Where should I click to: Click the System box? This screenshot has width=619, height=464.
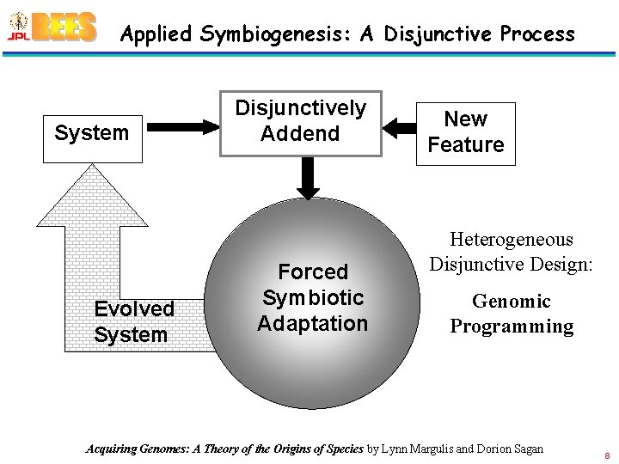pos(92,133)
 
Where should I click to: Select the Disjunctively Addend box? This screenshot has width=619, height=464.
pos(300,121)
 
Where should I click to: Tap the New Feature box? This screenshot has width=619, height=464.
pos(465,132)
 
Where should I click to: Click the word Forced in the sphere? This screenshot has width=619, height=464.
pos(313,272)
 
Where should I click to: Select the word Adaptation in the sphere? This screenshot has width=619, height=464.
pos(312,324)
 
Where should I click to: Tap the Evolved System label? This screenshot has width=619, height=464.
pos(134,321)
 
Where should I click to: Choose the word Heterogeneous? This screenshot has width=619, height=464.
pos(511,240)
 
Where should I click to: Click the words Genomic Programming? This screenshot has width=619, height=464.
pos(512,314)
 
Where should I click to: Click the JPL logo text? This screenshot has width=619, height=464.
pos(18,36)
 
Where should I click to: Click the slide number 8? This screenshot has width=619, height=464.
pos(606,455)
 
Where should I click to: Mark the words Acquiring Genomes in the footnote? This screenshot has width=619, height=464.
pos(138,449)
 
